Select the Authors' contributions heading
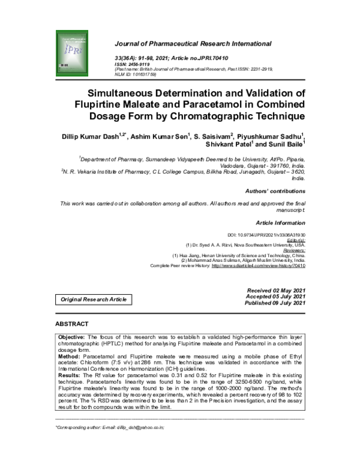pos(275,190)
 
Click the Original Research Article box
pos(93,299)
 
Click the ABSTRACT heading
pos(72,324)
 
